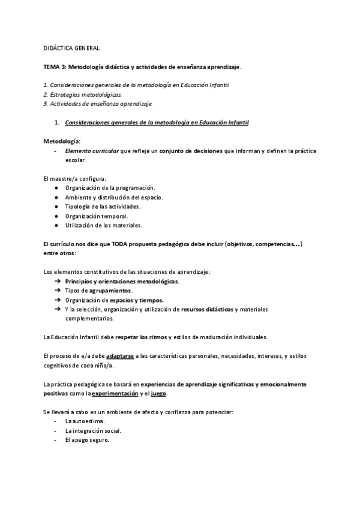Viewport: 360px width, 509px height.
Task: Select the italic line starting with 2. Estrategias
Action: click(x=83, y=94)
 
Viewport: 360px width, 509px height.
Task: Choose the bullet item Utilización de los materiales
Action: click(x=104, y=225)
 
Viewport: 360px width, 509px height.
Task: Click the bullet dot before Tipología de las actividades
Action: click(x=56, y=206)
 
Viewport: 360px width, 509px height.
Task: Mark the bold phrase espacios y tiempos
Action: click(x=138, y=300)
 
